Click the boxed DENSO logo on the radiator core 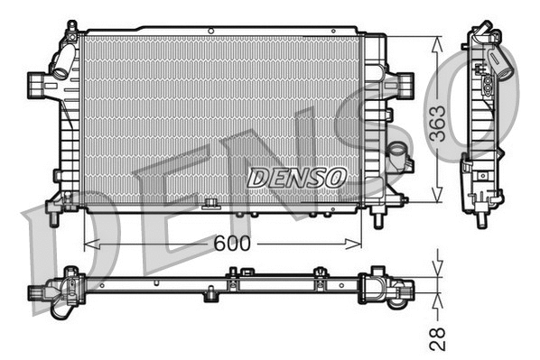point(296,178)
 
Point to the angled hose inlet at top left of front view point(61,62)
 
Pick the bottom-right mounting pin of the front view point(378,217)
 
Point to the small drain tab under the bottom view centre point(210,293)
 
